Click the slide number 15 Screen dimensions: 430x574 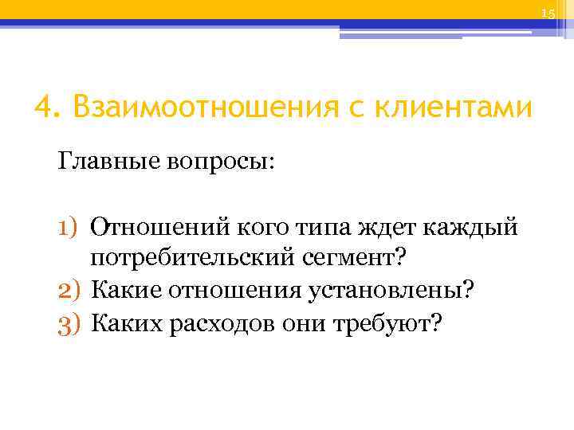pos(547,14)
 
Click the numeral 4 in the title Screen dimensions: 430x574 pos(45,107)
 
